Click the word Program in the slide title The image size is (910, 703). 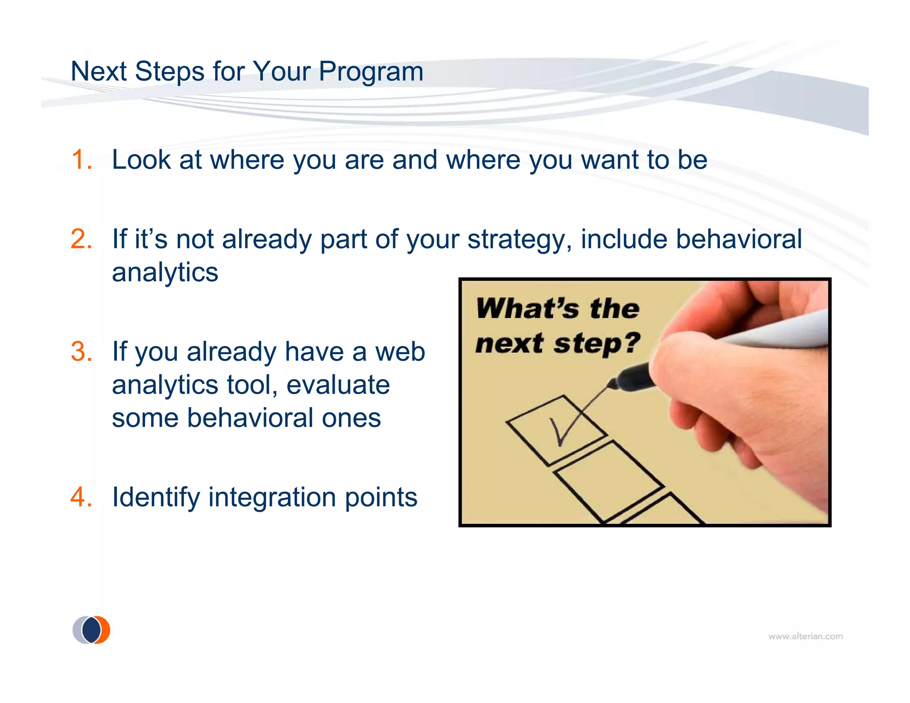[371, 72]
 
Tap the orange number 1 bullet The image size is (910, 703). [81, 160]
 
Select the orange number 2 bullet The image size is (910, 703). [81, 239]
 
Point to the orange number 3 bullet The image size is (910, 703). [81, 351]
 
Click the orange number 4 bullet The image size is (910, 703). [81, 497]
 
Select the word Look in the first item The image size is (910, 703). [141, 160]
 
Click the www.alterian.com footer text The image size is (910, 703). [805, 636]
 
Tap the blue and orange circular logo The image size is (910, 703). [92, 630]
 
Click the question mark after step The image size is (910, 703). [631, 342]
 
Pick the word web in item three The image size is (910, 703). [400, 351]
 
